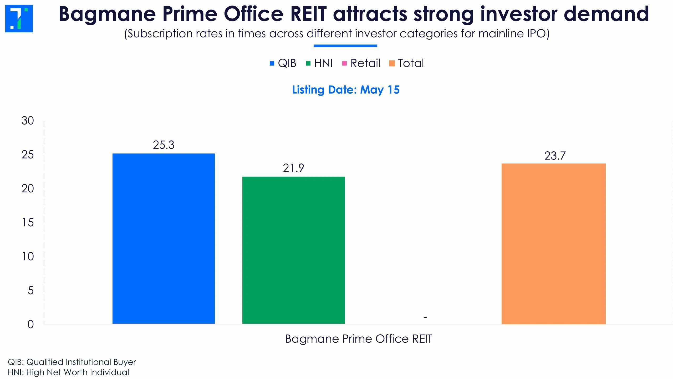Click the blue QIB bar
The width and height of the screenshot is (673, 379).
[x=164, y=238]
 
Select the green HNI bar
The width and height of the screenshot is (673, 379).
[x=293, y=250]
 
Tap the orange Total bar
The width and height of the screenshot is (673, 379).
[x=554, y=244]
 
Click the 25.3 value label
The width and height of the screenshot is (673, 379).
[x=164, y=145]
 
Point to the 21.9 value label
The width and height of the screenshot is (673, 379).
[x=293, y=168]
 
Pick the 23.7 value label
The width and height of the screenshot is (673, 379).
[x=555, y=156]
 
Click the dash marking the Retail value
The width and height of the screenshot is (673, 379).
[x=425, y=317]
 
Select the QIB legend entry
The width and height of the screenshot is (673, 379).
[x=283, y=63]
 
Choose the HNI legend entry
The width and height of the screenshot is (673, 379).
[x=319, y=63]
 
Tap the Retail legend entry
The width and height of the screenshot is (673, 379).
[x=361, y=63]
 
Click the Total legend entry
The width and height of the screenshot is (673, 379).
[x=406, y=63]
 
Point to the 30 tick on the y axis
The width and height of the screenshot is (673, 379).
[x=28, y=121]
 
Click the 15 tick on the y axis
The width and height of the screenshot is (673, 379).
[x=28, y=223]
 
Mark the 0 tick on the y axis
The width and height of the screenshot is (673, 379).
[x=31, y=324]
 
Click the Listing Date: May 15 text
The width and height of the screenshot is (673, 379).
[x=346, y=90]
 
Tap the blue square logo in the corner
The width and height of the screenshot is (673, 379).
[x=19, y=18]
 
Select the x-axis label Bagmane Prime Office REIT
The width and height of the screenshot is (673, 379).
[x=359, y=339]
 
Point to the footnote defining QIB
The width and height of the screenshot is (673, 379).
[x=72, y=362]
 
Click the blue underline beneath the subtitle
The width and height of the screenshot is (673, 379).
[x=345, y=46]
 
